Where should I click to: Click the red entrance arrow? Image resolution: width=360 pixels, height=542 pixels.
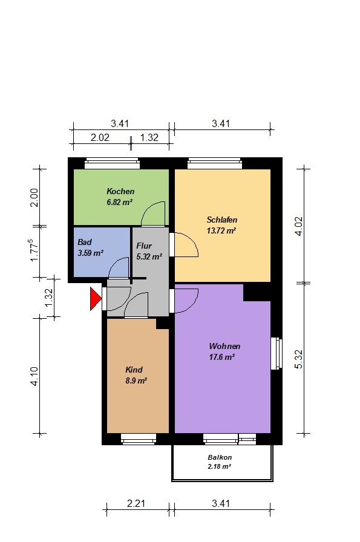[x=95, y=299]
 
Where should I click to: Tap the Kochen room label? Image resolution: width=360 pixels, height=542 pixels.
[x=120, y=192]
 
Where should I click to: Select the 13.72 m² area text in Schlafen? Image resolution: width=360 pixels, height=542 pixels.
[x=221, y=230]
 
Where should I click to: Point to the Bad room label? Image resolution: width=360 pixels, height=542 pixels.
[x=84, y=242]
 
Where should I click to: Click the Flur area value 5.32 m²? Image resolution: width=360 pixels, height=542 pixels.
[x=149, y=257]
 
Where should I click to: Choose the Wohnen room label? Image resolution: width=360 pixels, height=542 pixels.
[x=224, y=347]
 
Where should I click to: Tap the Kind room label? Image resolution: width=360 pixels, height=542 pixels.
[x=134, y=370]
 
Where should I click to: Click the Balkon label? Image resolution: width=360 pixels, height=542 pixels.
[x=220, y=457]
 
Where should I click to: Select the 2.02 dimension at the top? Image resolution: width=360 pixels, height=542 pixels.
[x=100, y=137]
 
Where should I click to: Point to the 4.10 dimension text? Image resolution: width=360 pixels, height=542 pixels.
[x=34, y=376]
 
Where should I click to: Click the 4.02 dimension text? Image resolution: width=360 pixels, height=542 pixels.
[x=298, y=226]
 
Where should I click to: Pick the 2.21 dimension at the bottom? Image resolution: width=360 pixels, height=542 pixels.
[x=136, y=504]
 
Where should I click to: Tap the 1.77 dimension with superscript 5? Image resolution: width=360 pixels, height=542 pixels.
[x=34, y=250]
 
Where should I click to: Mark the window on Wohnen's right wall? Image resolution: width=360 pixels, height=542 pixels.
[x=277, y=354]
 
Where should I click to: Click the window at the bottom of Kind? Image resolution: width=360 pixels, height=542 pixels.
[x=139, y=439]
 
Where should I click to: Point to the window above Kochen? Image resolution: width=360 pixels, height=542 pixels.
[x=112, y=163]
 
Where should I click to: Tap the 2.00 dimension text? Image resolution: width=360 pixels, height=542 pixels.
[x=34, y=197]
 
